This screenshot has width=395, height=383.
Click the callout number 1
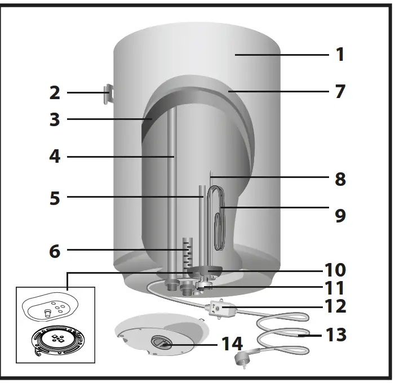pyautogui.click(x=340, y=55)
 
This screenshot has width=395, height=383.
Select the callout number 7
pyautogui.click(x=340, y=91)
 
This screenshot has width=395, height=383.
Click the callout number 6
pyautogui.click(x=55, y=251)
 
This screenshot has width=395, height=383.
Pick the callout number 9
pyautogui.click(x=340, y=215)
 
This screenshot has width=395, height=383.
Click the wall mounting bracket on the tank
pyautogui.click(x=108, y=95)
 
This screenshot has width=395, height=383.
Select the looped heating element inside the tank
pyautogui.click(x=216, y=217)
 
